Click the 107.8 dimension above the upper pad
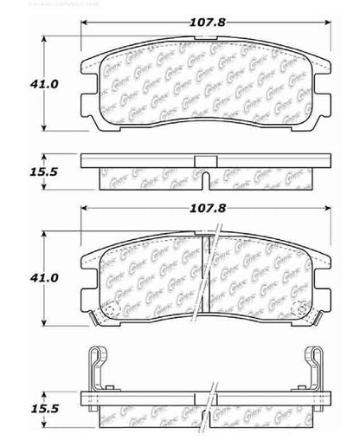(x=204, y=23)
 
